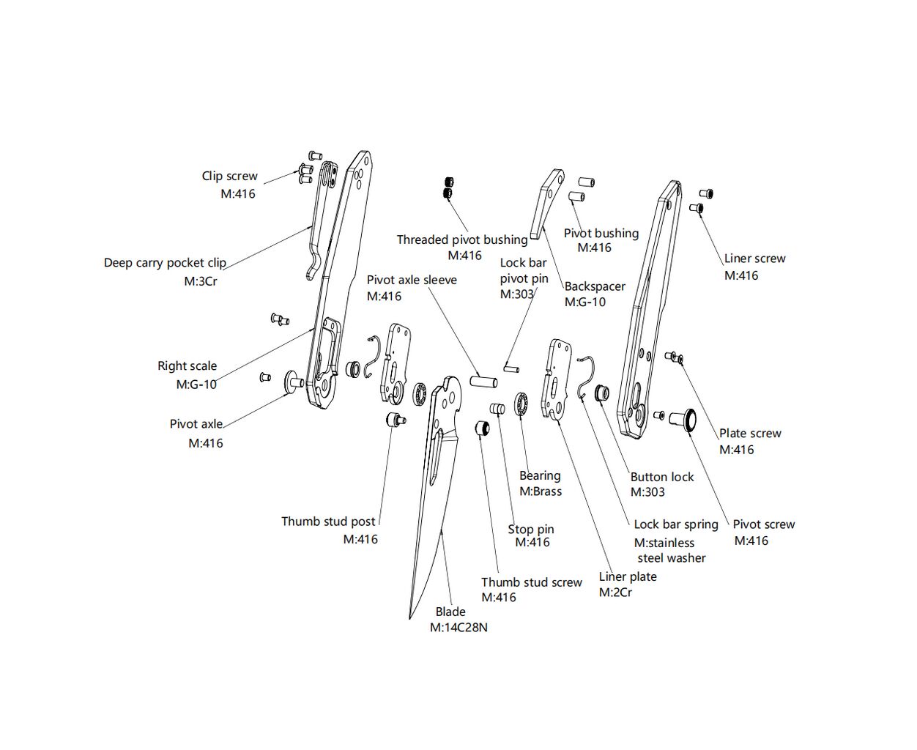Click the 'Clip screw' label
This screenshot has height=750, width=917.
[229, 177]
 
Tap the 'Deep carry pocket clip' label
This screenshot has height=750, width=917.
[165, 263]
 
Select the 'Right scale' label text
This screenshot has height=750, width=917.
[187, 366]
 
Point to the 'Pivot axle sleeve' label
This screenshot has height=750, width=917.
[412, 280]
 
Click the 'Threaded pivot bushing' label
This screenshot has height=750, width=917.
[461, 240]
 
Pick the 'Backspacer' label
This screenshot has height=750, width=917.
[595, 286]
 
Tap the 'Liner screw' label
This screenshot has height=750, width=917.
[754, 259]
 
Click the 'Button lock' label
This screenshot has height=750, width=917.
[661, 477]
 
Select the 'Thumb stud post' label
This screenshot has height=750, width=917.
[328, 521]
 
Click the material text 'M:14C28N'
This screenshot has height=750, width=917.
[459, 628]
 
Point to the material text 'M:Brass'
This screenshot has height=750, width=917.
[541, 491]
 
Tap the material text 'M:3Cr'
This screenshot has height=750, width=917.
[201, 281]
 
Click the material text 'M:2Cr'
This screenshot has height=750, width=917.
[615, 593]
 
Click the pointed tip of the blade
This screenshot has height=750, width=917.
[410, 617]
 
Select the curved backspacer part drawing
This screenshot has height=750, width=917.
[545, 203]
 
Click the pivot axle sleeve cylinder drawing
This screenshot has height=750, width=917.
[483, 382]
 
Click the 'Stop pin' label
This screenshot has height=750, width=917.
[531, 530]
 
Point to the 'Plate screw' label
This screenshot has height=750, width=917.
[750, 434]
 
